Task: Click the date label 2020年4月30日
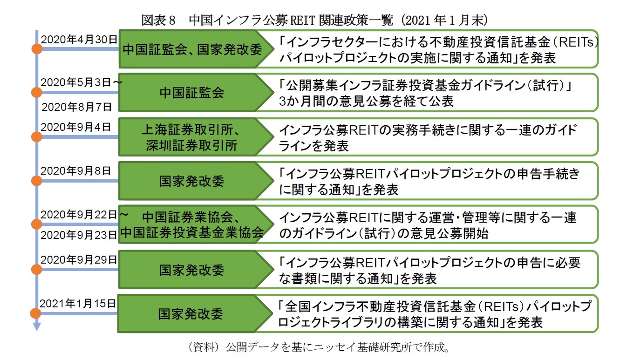[x=79, y=39]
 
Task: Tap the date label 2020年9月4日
[x=76, y=127]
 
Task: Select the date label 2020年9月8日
[x=76, y=171]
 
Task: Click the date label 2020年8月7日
[x=76, y=107]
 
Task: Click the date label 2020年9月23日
[x=78, y=235]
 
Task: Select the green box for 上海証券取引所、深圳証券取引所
[x=191, y=137]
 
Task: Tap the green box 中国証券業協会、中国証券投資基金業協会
[x=191, y=224]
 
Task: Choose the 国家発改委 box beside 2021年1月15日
[x=191, y=313]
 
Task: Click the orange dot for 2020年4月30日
[x=36, y=48]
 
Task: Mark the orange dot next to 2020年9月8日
[x=36, y=180]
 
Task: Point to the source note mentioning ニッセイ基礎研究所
[x=319, y=347]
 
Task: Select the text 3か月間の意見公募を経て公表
[x=366, y=102]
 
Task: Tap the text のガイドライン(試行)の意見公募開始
[x=383, y=234]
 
